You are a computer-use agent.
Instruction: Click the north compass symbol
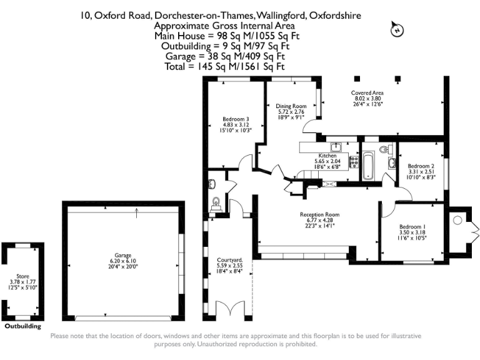click(395, 29)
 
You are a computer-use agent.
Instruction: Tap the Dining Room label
click(291, 106)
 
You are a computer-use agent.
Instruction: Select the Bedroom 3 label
click(236, 119)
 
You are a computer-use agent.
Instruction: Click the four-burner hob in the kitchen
click(354, 162)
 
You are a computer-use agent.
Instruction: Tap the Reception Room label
click(322, 214)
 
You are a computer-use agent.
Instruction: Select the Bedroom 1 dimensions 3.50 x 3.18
click(412, 232)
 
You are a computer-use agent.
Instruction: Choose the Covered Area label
click(368, 92)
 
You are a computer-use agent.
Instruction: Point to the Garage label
click(122, 256)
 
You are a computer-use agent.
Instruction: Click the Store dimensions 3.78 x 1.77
click(23, 281)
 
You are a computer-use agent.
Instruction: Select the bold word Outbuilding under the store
click(23, 326)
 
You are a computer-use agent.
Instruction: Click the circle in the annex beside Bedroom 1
click(457, 220)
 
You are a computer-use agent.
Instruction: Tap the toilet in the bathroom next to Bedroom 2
click(385, 149)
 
